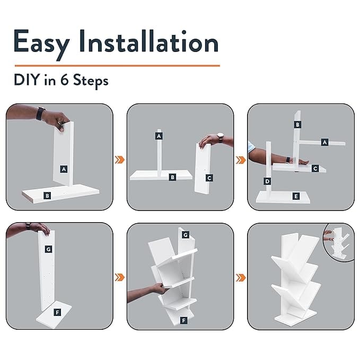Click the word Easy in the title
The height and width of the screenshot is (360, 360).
tap(41, 43)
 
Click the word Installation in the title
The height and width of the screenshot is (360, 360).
tap(149, 41)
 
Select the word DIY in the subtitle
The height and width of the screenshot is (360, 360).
tap(26, 80)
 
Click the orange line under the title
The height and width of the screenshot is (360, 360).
tap(117, 66)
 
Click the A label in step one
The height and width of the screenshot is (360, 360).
tap(64, 169)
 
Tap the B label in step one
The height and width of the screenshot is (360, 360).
tap(47, 196)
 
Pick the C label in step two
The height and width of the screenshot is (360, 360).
tap(209, 178)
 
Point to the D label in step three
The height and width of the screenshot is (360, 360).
tap(267, 181)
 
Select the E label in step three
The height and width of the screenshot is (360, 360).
tap(296, 196)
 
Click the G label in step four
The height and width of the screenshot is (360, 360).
tap(48, 249)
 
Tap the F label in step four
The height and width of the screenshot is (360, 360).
tap(57, 312)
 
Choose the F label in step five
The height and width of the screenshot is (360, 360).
tap(183, 321)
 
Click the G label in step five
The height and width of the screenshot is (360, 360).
tap(186, 235)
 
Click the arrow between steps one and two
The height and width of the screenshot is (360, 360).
tap(120, 160)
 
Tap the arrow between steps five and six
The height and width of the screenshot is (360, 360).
tap(241, 278)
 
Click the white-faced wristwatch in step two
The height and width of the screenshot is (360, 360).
tap(220, 138)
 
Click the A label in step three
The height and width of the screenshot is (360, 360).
tap(324, 142)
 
